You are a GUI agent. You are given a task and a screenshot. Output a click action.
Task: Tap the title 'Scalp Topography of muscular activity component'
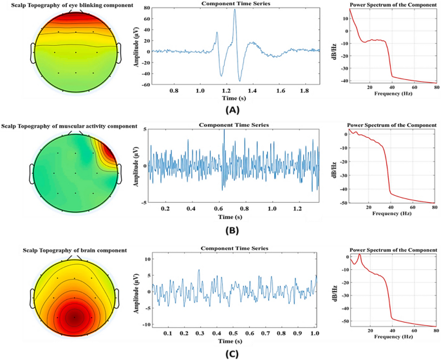coord(69,126)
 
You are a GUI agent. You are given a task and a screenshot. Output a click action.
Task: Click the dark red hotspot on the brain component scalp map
coord(75,316)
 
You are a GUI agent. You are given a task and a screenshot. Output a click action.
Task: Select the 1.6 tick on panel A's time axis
coord(279,91)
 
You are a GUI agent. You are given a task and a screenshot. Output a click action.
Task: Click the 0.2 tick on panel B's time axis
coord(165,209)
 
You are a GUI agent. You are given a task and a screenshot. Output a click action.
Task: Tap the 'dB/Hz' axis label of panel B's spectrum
coord(334,166)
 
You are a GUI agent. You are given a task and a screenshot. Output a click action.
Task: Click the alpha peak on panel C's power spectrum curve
coord(359,255)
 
